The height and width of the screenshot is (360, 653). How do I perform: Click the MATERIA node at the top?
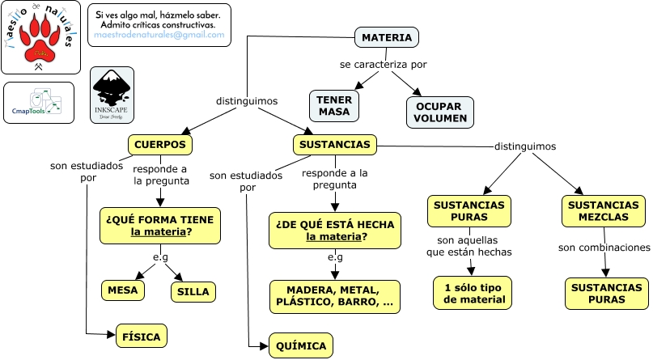(386, 38)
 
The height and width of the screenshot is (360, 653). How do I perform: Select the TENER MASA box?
(333, 105)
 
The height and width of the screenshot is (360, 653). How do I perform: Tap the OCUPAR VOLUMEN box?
(440, 112)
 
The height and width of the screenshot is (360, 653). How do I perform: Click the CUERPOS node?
(160, 145)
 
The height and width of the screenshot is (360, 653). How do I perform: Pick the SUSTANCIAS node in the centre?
(335, 145)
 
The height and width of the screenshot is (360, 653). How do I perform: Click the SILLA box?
(192, 291)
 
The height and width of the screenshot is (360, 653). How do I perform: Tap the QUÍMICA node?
(300, 346)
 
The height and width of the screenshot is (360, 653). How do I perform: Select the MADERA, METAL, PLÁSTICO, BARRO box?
(334, 296)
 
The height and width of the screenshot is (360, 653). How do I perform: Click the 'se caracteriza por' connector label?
(383, 65)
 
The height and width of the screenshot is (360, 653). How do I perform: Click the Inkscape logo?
(112, 95)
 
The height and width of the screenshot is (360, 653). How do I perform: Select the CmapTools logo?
(38, 103)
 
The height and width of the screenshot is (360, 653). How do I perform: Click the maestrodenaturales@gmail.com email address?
(159, 36)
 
